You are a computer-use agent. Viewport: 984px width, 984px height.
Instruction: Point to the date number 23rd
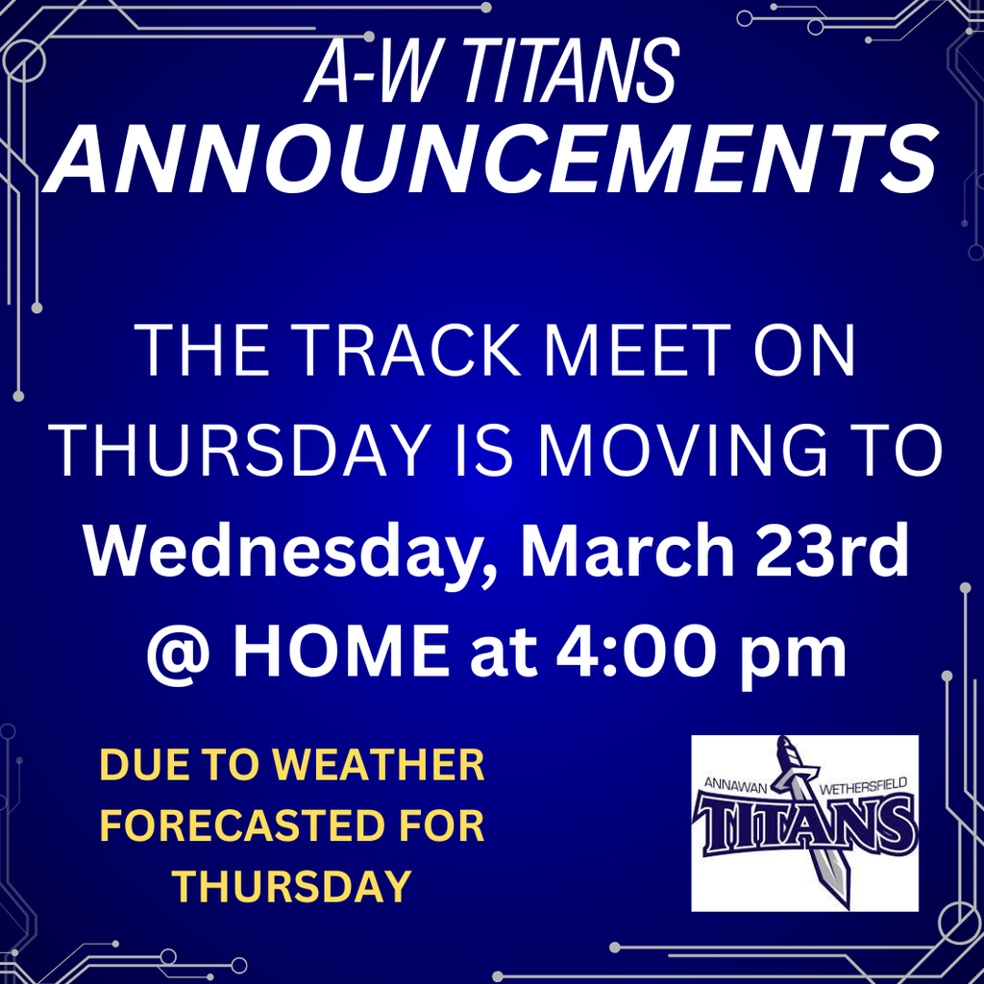pyautogui.click(x=832, y=550)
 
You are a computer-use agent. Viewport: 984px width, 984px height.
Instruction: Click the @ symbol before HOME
pyautogui.click(x=180, y=652)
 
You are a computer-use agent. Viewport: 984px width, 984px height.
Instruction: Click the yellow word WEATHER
pyautogui.click(x=380, y=765)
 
